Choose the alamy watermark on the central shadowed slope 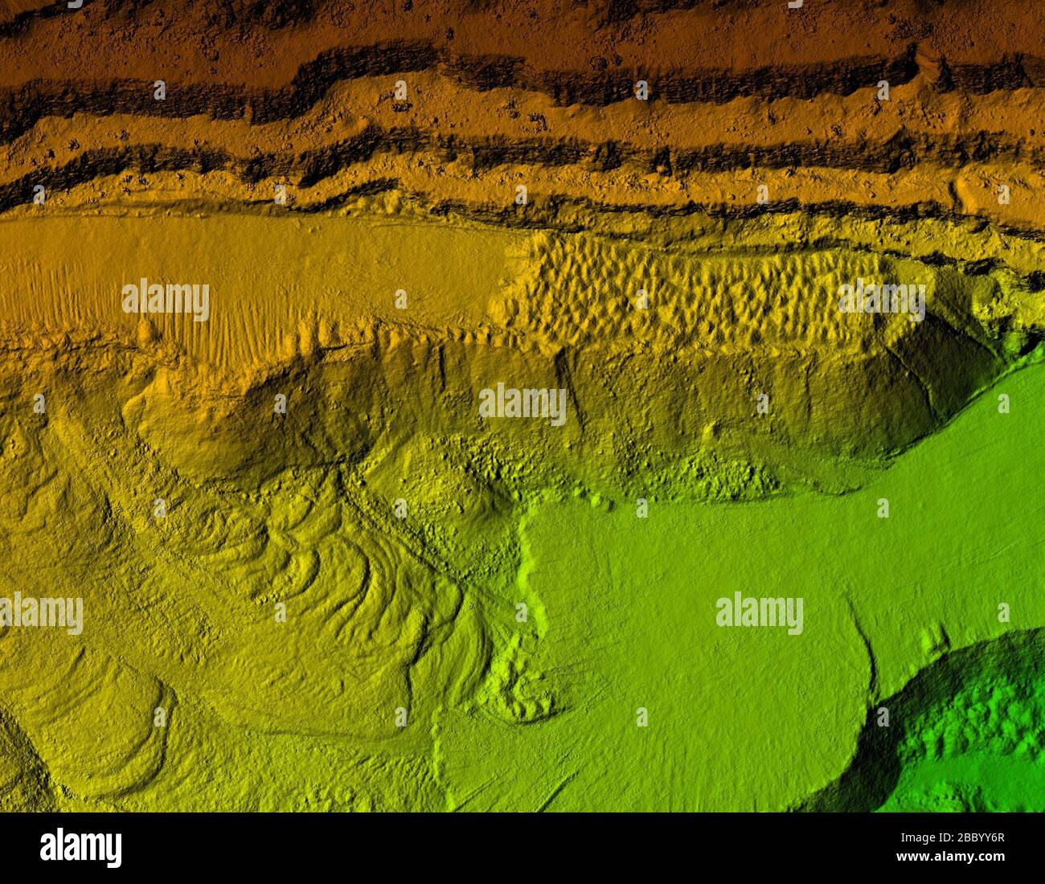click(522, 403)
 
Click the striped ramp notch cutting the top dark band click(929, 64)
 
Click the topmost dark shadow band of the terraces click(482, 76)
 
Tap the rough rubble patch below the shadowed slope click(707, 474)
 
